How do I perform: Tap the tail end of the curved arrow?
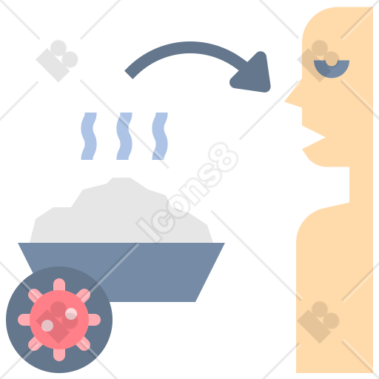pos(129,75)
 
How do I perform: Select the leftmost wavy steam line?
pos(89,136)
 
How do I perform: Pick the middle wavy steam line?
pos(124,136)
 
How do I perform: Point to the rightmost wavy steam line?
pos(160,136)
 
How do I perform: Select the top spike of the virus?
pos(59,284)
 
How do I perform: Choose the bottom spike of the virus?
pos(59,355)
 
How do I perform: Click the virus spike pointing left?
pos(24,320)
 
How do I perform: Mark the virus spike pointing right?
pos(95,320)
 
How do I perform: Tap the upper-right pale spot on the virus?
pos(71,314)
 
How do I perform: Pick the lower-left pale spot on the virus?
pos(47,326)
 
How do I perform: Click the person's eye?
pos(332,69)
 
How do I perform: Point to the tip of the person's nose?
pos(286,101)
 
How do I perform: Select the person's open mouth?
pos(312,138)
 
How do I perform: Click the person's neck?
pos(361,185)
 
